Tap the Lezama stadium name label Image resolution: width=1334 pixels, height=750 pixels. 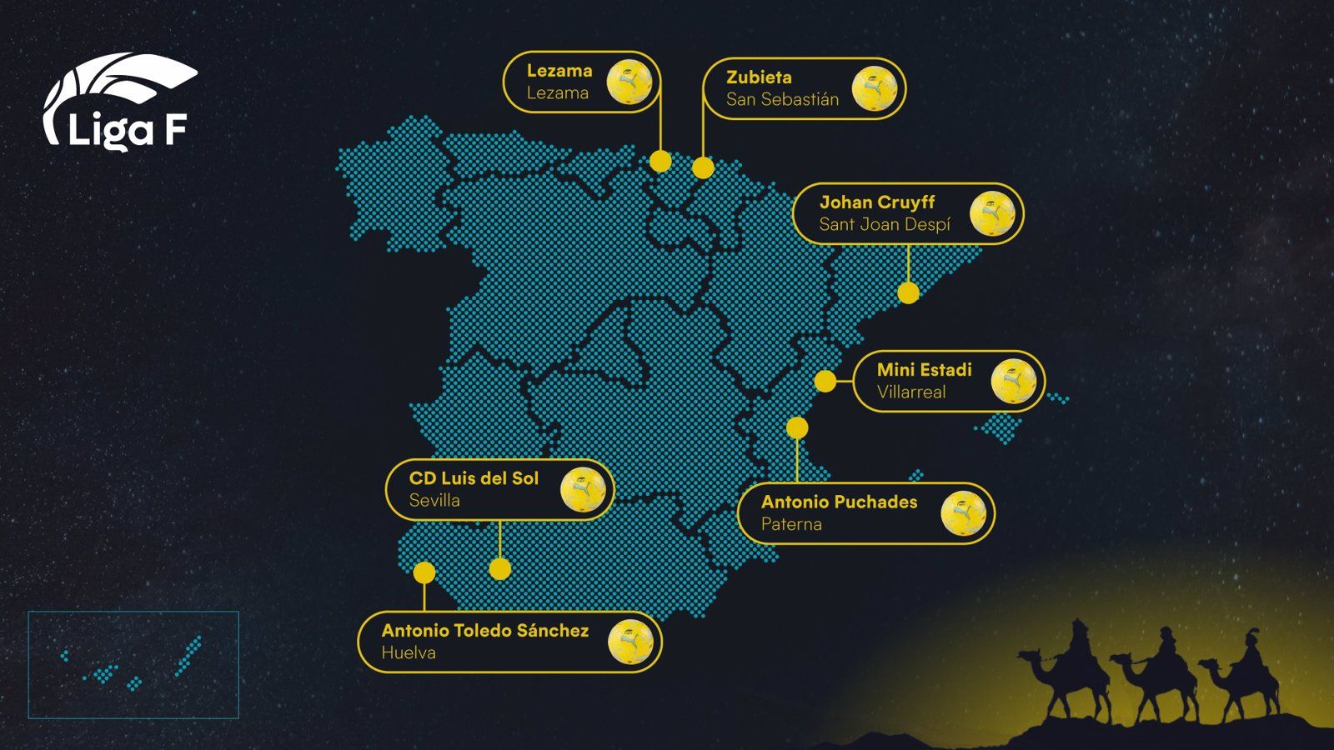click(x=559, y=71)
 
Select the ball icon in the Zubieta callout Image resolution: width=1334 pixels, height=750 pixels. click(x=874, y=88)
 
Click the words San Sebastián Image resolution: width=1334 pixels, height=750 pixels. click(x=782, y=100)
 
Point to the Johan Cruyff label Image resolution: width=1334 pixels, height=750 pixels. click(x=877, y=202)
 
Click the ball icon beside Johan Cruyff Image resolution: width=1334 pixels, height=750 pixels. click(x=992, y=213)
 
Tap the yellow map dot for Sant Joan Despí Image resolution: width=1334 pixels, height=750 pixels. click(x=908, y=292)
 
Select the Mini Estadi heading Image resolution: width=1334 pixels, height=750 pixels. click(x=924, y=370)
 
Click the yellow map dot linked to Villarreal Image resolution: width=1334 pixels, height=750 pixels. click(x=825, y=381)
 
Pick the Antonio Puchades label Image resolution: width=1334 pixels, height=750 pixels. click(x=839, y=502)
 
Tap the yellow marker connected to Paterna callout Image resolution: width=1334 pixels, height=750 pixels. click(x=797, y=428)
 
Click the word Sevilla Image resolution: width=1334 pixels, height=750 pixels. click(x=434, y=501)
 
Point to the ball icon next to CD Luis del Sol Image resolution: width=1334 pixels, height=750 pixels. click(x=583, y=489)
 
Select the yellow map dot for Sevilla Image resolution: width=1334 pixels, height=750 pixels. click(x=499, y=569)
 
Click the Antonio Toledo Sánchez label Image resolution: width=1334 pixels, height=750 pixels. click(x=485, y=631)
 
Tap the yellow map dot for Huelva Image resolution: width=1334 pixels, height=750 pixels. click(x=424, y=572)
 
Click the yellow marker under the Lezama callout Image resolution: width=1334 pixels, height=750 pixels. click(x=660, y=161)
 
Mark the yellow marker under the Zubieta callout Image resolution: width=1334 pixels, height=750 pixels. click(x=703, y=168)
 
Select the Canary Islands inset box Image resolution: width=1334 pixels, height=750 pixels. click(x=133, y=665)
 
